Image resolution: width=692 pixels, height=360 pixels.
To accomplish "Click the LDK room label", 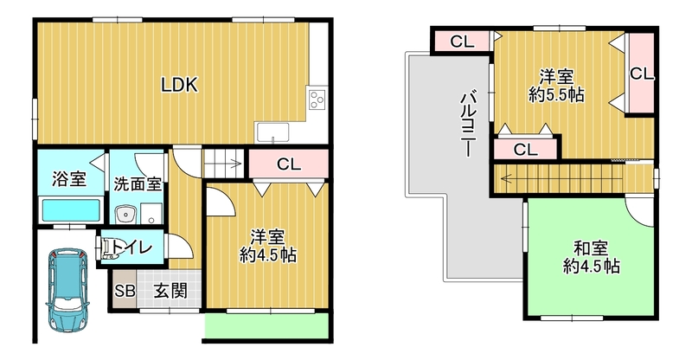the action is [x=179, y=84].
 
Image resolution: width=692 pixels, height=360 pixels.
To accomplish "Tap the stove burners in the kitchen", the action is [x=317, y=100].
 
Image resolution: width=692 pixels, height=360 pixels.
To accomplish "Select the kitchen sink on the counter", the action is [x=273, y=132].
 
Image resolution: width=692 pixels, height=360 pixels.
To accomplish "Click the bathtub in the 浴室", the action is [x=71, y=210].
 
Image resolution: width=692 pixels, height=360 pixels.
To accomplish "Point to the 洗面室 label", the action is [x=138, y=183].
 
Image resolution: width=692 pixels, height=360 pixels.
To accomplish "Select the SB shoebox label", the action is [x=125, y=291].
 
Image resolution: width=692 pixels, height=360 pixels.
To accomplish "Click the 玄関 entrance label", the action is [x=170, y=291].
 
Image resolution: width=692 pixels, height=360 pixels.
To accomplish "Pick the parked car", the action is [x=68, y=289].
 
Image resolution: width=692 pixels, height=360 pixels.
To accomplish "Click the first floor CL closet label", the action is [x=289, y=164].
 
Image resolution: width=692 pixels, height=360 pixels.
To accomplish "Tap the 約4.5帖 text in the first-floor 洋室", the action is [x=268, y=255].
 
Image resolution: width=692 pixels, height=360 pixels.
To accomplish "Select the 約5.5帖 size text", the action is [x=556, y=95].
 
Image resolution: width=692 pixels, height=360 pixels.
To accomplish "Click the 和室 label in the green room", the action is [x=591, y=248].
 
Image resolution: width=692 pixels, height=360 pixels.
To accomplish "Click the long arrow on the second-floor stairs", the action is [x=561, y=179].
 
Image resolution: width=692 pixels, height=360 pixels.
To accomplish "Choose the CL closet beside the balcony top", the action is [x=462, y=42].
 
